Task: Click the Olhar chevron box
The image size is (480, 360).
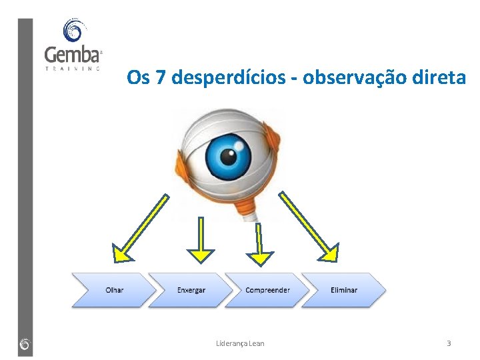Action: [114, 290]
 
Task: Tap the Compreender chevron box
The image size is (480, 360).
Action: [267, 290]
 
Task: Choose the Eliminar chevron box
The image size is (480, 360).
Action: [344, 290]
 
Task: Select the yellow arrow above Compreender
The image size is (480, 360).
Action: [260, 243]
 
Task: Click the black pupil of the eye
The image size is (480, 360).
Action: [229, 157]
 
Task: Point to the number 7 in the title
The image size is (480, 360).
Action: [160, 79]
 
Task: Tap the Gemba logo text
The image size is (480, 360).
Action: [72, 55]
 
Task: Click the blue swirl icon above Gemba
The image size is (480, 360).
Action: [73, 31]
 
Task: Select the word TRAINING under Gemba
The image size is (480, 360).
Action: [73, 67]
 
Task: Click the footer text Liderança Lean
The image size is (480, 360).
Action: [240, 343]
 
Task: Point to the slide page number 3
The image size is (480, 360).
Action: [449, 343]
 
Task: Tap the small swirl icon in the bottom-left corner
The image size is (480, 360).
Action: [25, 344]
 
